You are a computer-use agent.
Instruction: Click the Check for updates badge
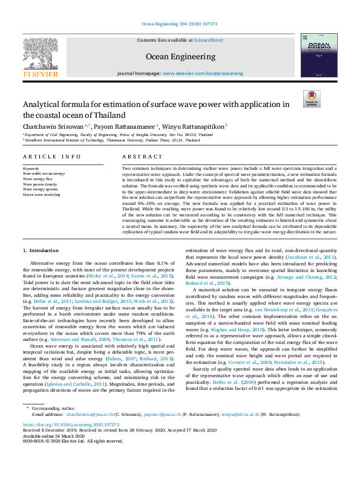(x=312, y=99)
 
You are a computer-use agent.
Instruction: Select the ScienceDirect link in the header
(x=208, y=40)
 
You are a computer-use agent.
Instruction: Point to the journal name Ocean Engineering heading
(x=180, y=56)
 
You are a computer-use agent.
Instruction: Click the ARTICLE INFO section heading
(x=51, y=157)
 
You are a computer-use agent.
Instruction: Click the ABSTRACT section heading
(x=139, y=157)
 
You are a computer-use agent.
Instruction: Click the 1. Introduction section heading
(x=41, y=250)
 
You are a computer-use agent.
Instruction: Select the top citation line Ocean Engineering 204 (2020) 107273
(x=180, y=24)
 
